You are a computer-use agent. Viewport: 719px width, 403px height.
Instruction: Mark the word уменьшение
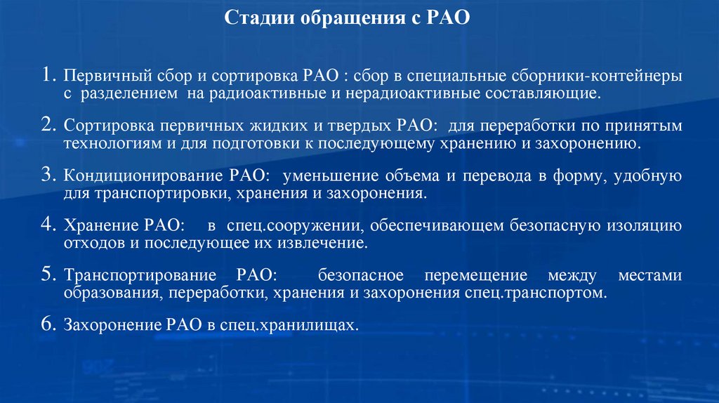pos(321,176)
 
